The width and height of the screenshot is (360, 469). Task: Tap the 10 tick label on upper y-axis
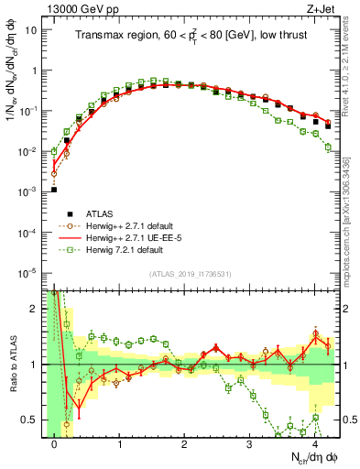pyautogui.click(x=30, y=29)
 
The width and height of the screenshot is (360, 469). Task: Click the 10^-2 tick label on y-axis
pyautogui.click(x=27, y=150)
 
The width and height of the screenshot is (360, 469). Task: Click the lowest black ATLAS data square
pyautogui.click(x=54, y=190)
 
